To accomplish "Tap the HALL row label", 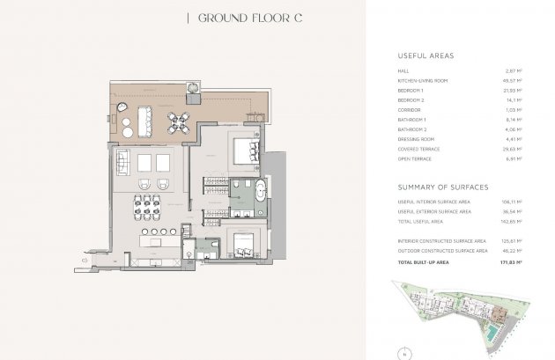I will [x=403, y=70].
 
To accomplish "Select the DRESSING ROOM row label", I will [x=415, y=139].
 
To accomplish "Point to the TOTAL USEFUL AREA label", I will [x=419, y=221].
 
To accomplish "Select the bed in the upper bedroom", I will [x=243, y=150].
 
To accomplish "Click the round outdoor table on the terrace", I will [x=180, y=120].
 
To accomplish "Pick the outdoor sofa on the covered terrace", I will [x=115, y=113].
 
